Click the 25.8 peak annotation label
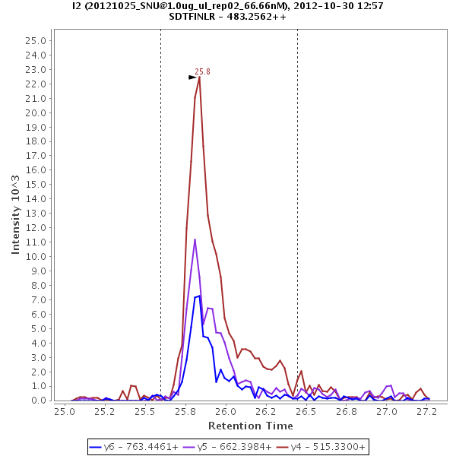[202, 72]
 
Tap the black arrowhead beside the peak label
[193, 77]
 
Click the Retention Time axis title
[250, 426]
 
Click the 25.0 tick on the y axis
[37, 41]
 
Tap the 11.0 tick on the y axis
[37, 242]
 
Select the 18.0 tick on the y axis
[37, 141]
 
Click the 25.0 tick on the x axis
[65, 411]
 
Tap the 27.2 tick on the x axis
[428, 411]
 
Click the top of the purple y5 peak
[195, 239]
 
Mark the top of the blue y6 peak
[199, 296]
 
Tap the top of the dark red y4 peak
[199, 77]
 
